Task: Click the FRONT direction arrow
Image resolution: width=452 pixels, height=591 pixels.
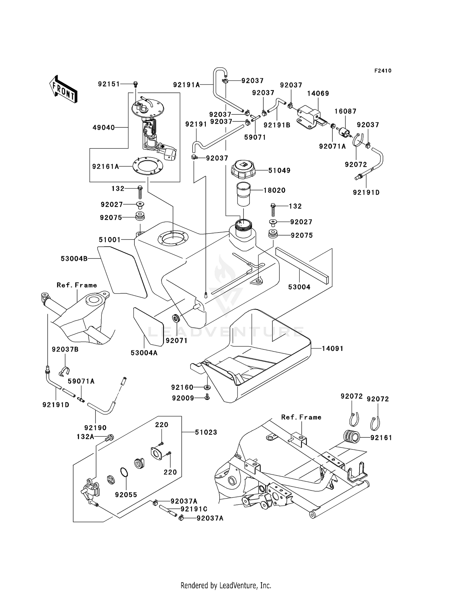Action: [x=63, y=89]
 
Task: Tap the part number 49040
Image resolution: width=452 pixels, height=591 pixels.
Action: [x=104, y=128]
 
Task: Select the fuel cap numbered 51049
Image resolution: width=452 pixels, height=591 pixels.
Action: [x=243, y=169]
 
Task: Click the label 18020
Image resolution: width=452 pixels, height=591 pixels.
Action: [x=274, y=190]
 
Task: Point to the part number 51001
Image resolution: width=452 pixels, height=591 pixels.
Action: [x=110, y=240]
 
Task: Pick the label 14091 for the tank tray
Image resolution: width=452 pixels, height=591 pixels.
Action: [x=333, y=349]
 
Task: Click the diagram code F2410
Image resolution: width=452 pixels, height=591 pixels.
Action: [x=383, y=71]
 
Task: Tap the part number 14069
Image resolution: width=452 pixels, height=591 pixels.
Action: [x=318, y=93]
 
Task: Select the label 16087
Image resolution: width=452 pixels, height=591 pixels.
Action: [x=345, y=111]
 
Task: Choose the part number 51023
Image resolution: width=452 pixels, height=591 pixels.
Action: [x=206, y=432]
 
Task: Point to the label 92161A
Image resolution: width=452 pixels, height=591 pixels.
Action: [x=105, y=166]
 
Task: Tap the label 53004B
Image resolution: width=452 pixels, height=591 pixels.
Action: [x=74, y=258]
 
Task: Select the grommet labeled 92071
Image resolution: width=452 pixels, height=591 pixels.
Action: [x=175, y=318]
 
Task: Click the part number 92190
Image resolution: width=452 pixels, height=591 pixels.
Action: [x=96, y=428]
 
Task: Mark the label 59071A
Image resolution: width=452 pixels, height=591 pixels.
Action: [x=81, y=381]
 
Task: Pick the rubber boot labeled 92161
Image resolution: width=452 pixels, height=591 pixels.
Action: [x=352, y=437]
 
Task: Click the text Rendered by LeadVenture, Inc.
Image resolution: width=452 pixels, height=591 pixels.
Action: [x=226, y=586]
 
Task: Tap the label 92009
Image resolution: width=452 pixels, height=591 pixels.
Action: [x=183, y=398]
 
